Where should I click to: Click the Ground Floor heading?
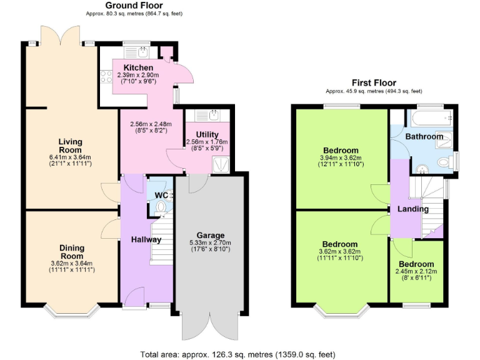point(134,5)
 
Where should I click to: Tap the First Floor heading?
point(374,82)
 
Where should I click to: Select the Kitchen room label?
point(137,67)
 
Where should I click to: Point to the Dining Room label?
point(71,252)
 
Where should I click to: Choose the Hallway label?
point(146,239)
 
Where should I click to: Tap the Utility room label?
point(207,134)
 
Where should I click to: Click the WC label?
point(161,195)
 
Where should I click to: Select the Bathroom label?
point(424,136)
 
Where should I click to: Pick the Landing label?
point(413,209)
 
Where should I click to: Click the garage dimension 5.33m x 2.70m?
point(210,242)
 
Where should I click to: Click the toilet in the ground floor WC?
point(161,207)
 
